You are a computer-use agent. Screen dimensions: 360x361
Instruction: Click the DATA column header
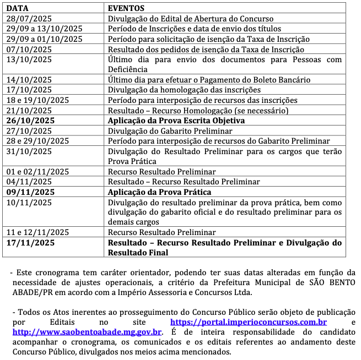pyautogui.click(x=17, y=8)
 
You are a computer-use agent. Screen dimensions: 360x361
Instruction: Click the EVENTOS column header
pyautogui.click(x=126, y=8)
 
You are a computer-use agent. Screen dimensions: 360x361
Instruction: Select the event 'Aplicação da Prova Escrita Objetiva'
pyautogui.click(x=176, y=121)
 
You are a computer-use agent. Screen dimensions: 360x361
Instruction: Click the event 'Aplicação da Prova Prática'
pyautogui.click(x=159, y=192)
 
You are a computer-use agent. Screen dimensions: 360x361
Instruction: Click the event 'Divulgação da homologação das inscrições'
pyautogui.click(x=184, y=90)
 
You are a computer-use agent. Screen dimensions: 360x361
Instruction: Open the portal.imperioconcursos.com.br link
pyautogui.click(x=249, y=322)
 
